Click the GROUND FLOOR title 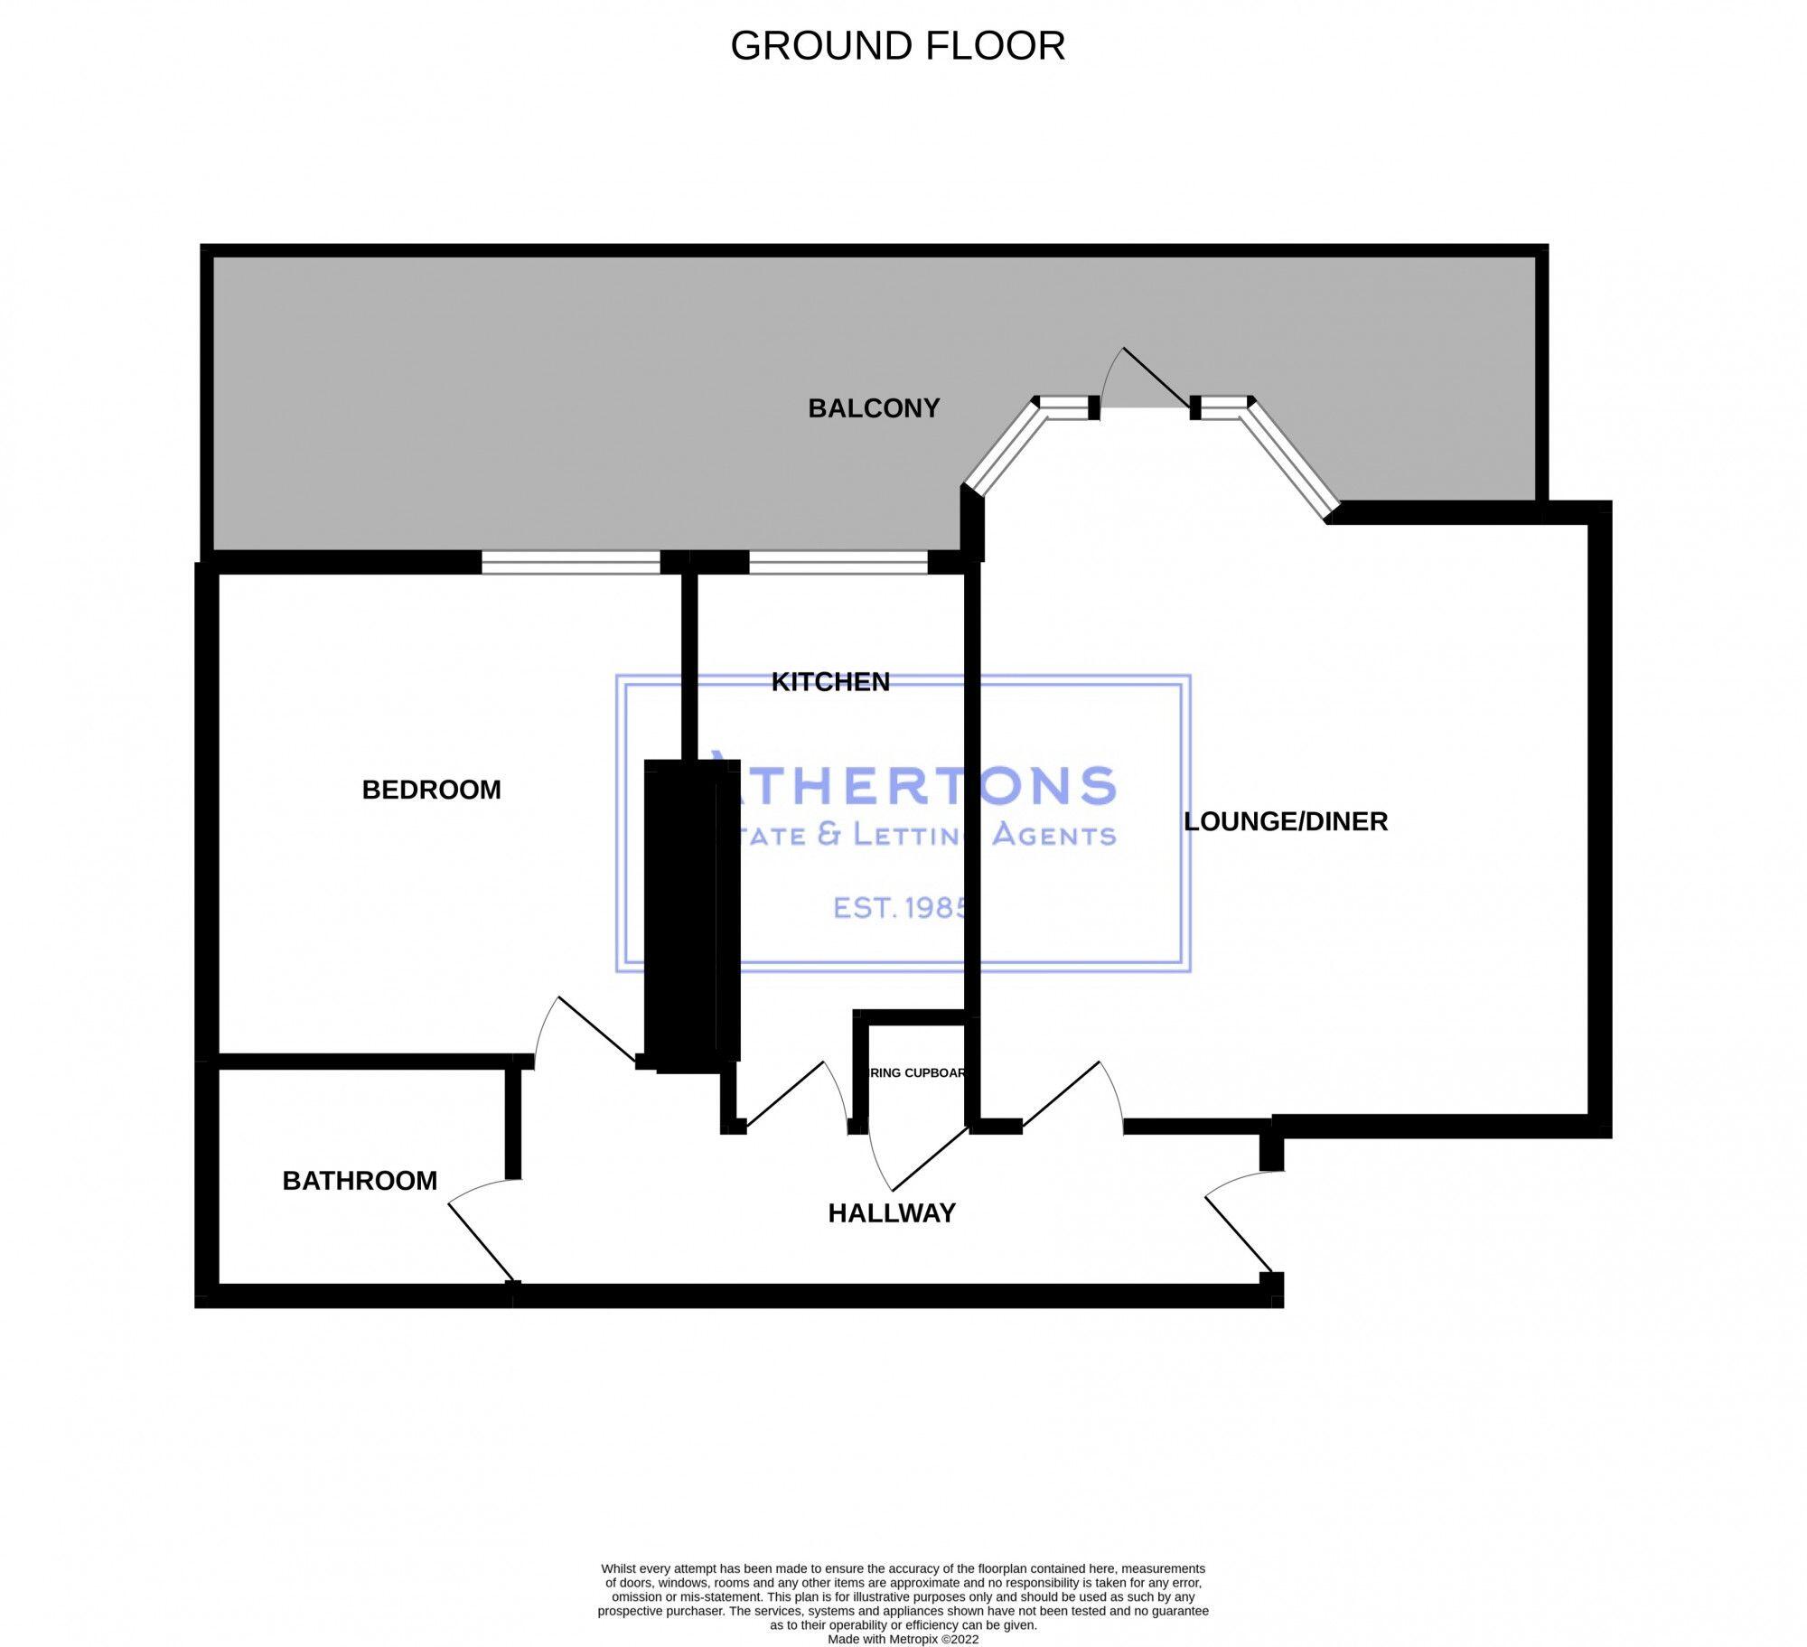[897, 46]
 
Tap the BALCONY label [874, 408]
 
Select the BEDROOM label [431, 790]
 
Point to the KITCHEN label [830, 682]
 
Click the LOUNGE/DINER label [1286, 821]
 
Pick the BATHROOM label [360, 1181]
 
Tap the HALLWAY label [892, 1213]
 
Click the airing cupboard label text [916, 1073]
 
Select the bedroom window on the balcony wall [571, 563]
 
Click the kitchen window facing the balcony [838, 563]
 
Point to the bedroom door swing [587, 1030]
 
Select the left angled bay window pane [1001, 448]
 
